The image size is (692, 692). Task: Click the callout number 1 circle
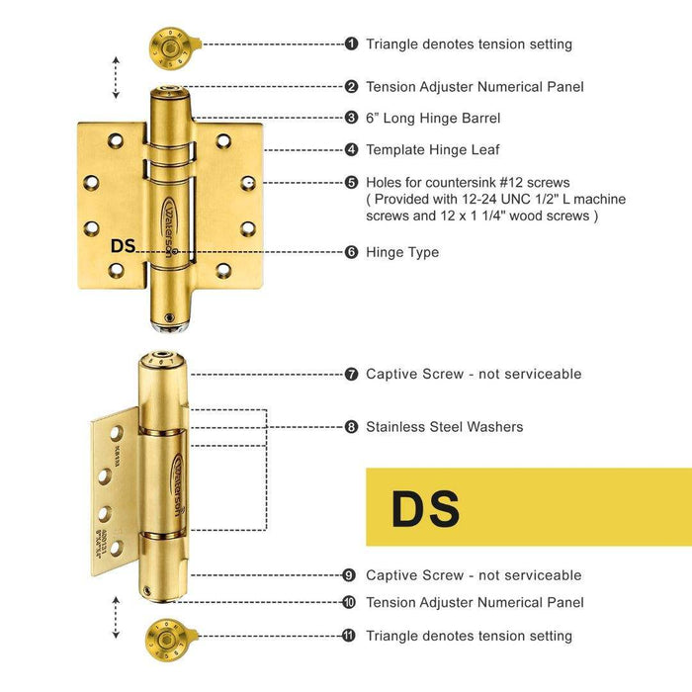(x=351, y=43)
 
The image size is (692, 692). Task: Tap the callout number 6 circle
(x=351, y=252)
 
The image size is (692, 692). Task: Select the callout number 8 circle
(x=351, y=427)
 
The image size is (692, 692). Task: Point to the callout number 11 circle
(x=349, y=636)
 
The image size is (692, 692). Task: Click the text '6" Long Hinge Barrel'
(x=433, y=118)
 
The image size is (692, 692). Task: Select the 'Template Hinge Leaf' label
(x=433, y=150)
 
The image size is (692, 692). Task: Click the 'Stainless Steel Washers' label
(x=444, y=427)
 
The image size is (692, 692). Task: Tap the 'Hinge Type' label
(x=402, y=252)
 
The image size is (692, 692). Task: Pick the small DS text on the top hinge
(x=123, y=247)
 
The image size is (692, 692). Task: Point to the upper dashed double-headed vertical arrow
(x=117, y=78)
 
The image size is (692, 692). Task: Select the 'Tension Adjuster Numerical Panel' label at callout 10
(x=475, y=602)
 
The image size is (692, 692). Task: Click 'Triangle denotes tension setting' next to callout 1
(x=469, y=43)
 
